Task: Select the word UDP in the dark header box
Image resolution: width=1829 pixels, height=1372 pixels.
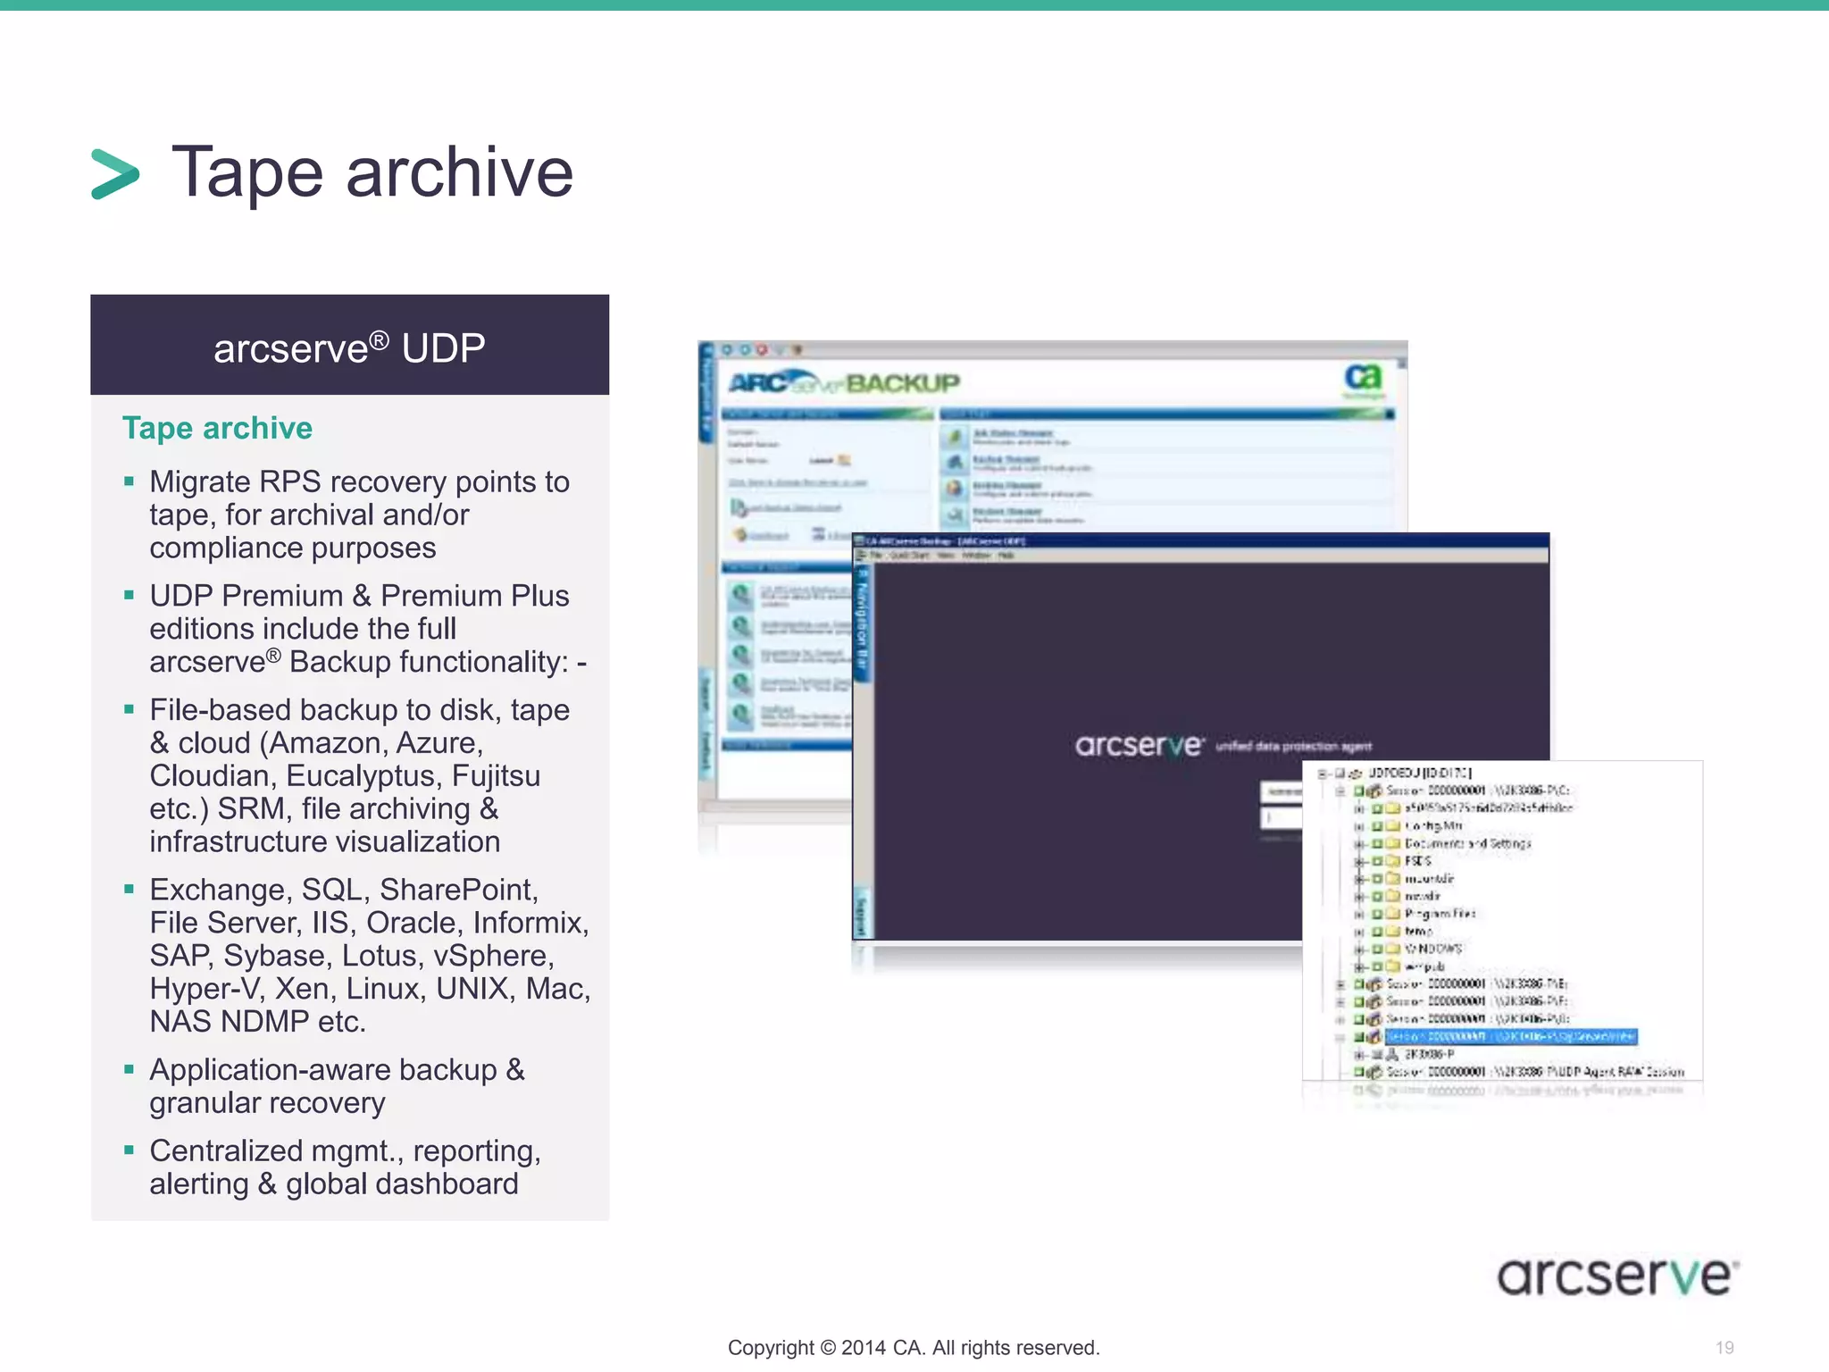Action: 443,347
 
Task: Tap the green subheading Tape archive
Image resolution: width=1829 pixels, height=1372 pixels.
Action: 217,428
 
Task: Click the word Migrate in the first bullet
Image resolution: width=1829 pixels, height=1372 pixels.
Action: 200,481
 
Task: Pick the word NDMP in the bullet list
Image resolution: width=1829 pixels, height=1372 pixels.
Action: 265,1021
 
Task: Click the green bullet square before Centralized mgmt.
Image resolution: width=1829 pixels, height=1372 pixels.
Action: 129,1150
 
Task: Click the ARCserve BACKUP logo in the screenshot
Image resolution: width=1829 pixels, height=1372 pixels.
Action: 844,383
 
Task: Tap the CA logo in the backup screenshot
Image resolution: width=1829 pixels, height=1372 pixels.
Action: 1363,380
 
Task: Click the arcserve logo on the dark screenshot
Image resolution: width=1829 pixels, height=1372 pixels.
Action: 1139,745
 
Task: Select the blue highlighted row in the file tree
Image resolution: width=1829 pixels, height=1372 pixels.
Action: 1510,1036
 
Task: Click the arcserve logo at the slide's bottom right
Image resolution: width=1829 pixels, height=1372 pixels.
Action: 1617,1276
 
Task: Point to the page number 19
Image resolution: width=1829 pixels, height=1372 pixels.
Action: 1725,1348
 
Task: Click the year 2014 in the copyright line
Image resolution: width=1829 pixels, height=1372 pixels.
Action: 863,1348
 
